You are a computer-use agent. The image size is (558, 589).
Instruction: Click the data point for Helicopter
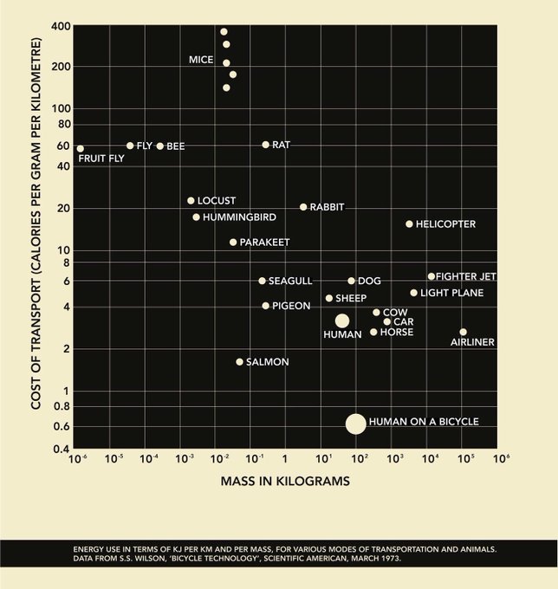[x=409, y=223]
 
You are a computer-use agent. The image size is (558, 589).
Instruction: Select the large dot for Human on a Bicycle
[x=356, y=423]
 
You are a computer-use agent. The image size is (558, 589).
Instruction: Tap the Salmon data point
[x=240, y=361]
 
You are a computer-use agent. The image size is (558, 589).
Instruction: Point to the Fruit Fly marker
[x=81, y=148]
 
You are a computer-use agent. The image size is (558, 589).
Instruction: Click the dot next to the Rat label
[x=265, y=145]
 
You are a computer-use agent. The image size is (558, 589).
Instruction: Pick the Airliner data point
[x=463, y=332]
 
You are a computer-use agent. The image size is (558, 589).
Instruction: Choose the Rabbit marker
[x=303, y=207]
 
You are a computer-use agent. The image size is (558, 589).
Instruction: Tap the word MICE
[x=202, y=60]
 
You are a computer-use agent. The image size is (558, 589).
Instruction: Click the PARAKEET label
[x=264, y=243]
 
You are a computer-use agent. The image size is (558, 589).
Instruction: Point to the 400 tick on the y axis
[x=60, y=28]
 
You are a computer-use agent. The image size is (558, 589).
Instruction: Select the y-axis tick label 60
[x=62, y=146]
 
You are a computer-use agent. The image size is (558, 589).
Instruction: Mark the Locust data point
[x=191, y=201]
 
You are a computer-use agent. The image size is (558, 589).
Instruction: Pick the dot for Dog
[x=351, y=281]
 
